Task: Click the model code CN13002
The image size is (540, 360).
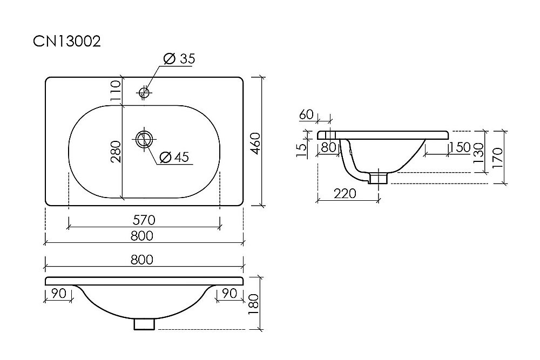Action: coord(67,42)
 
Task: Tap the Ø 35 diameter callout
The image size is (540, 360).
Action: coord(179,59)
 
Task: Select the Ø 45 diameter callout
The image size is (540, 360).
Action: coord(174,157)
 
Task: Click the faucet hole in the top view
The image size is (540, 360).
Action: coord(144,92)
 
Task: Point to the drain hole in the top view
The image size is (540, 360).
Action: coord(144,139)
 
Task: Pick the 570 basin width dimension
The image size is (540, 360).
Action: coord(144,220)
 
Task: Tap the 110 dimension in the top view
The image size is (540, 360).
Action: coord(116,90)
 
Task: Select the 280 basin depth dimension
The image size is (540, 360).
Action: coord(116,152)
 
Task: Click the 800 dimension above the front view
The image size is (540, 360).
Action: coord(142,260)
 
